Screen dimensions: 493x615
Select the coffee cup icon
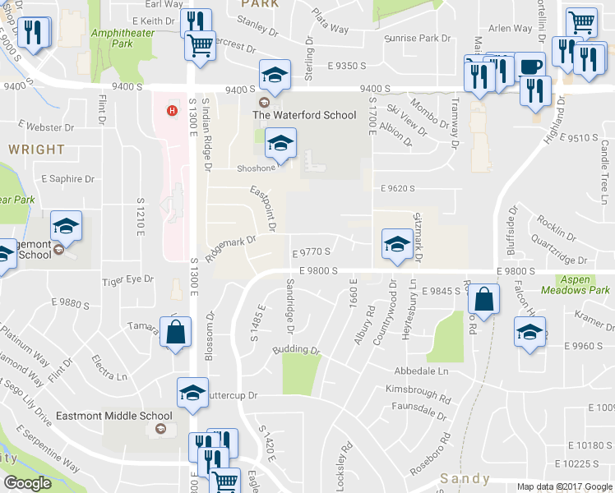(x=531, y=67)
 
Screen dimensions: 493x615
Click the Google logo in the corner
(x=27, y=482)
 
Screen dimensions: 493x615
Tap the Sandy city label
(x=465, y=478)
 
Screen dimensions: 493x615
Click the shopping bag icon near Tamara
(x=175, y=333)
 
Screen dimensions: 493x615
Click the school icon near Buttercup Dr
(x=192, y=393)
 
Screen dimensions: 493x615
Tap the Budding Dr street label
(x=296, y=349)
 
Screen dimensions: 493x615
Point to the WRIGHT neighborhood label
(x=37, y=150)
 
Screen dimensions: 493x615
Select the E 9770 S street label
(x=312, y=253)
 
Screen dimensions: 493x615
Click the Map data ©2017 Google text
(x=565, y=486)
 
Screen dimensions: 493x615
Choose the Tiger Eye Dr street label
(x=127, y=280)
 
